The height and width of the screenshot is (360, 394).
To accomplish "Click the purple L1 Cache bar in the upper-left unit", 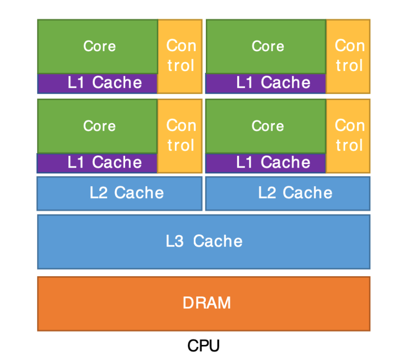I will [97, 83].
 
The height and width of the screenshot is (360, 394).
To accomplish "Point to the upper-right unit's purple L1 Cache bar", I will [266, 83].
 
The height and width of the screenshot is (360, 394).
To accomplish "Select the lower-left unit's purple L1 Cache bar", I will [97, 163].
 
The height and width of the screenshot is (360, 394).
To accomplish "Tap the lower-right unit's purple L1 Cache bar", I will [266, 163].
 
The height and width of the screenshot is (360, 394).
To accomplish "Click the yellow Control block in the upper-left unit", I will [180, 56].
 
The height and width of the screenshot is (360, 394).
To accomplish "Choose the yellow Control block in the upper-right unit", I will [348, 56].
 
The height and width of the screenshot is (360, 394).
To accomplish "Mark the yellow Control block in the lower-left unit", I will [180, 136].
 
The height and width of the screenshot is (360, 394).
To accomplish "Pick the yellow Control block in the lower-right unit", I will [348, 136].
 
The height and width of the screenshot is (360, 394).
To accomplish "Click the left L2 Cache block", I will [119, 193].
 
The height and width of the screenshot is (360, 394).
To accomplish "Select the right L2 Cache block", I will [288, 193].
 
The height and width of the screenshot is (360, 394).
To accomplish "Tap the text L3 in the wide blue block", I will [175, 241].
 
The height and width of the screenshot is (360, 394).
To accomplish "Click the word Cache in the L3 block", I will [218, 241].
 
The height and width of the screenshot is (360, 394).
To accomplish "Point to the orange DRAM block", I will [204, 304].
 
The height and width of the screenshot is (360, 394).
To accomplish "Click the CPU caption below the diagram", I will [203, 345].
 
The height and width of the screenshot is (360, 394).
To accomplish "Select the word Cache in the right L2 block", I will [308, 193].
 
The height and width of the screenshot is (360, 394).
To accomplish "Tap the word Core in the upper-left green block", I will [100, 46].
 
